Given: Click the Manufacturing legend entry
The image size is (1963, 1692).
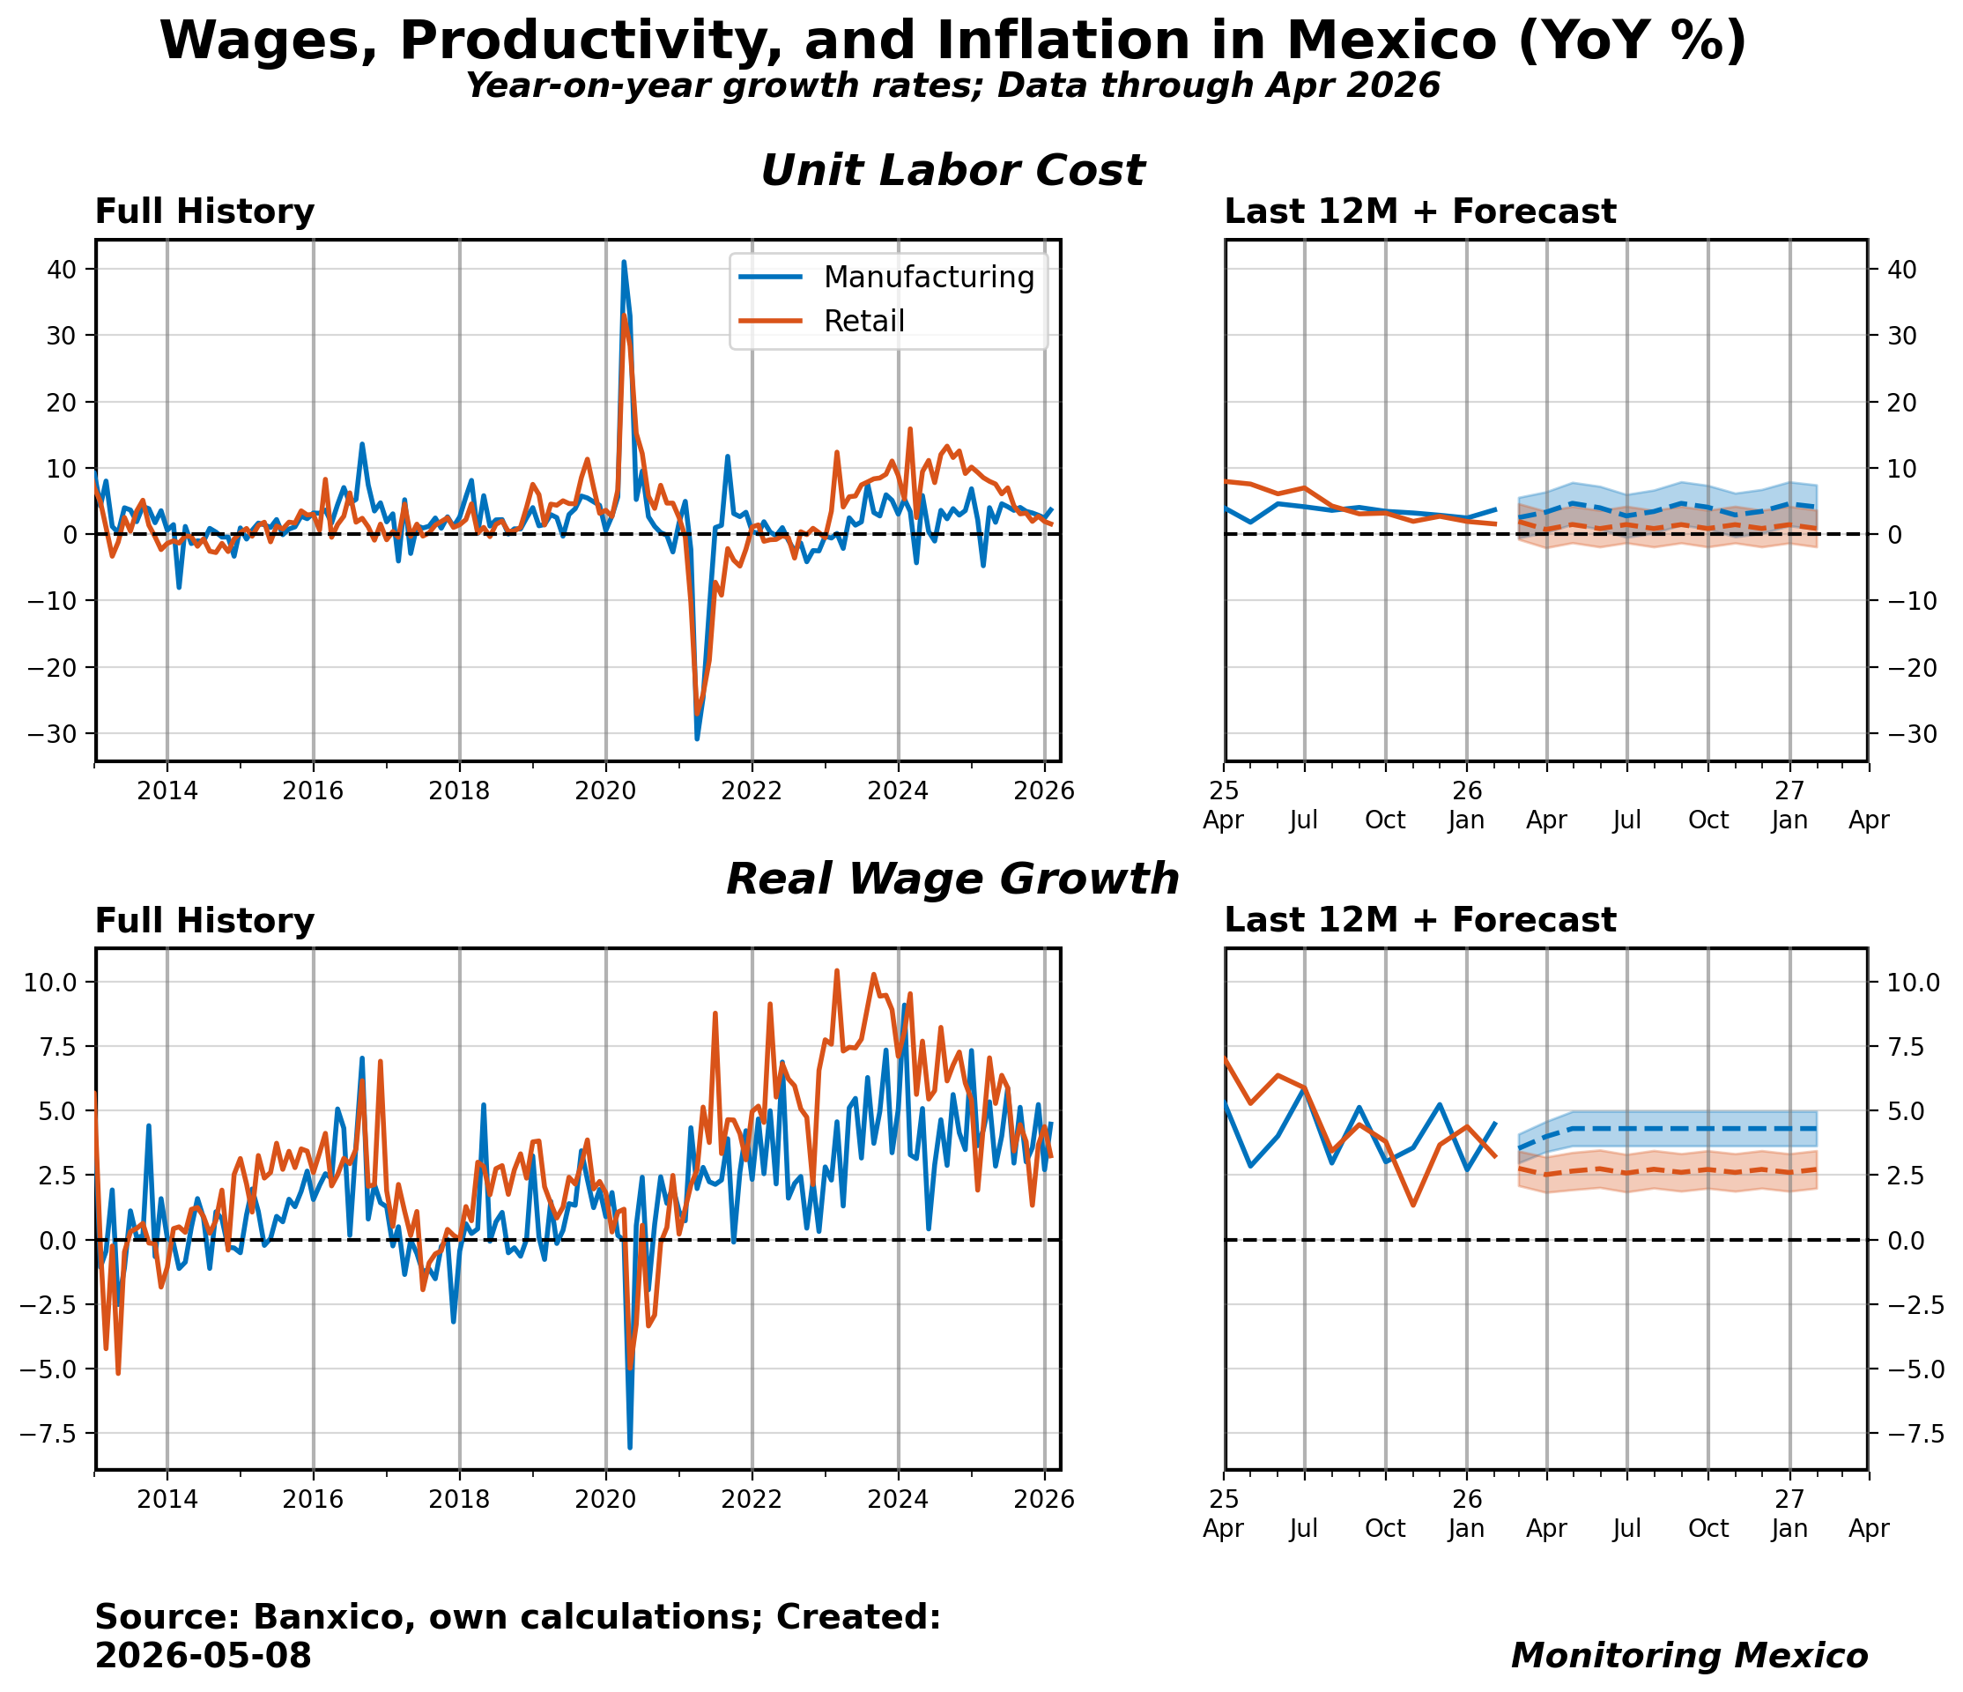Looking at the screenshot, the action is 886,278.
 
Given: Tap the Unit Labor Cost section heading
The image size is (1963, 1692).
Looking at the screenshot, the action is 953,172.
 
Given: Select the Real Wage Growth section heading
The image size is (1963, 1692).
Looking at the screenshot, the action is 953,880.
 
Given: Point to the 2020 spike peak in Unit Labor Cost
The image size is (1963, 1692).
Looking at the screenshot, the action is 624,262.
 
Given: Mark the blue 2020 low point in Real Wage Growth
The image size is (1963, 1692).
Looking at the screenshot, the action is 630,1447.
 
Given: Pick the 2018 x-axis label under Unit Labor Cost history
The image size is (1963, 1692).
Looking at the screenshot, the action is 460,790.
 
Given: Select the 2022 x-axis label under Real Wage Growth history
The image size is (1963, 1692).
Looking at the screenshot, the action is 752,1499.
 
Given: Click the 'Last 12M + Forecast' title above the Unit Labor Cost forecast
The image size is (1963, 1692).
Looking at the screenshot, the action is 1420,212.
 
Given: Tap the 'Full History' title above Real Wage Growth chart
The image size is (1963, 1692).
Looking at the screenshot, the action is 204,921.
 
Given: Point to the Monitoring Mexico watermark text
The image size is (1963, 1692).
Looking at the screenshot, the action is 1689,1655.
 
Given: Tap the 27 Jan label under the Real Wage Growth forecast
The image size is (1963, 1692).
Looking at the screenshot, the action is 1789,1513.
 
